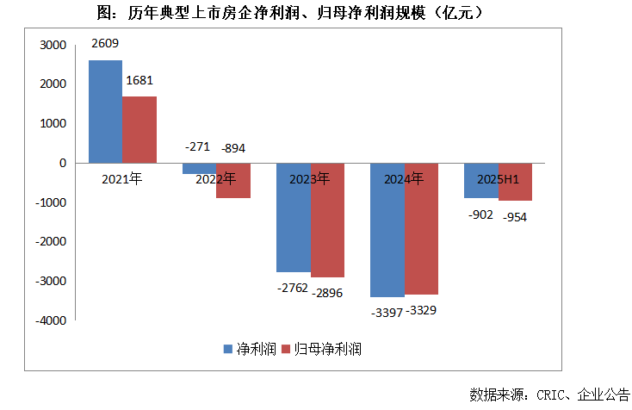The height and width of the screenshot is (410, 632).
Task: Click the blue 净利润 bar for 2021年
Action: pyautogui.click(x=105, y=111)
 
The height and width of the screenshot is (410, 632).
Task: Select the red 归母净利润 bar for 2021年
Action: pyautogui.click(x=139, y=129)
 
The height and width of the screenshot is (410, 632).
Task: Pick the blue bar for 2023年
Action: pyautogui.click(x=293, y=217)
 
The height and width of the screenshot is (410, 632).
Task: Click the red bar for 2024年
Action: pyautogui.click(x=421, y=228)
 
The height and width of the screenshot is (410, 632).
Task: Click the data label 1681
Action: pyautogui.click(x=140, y=81)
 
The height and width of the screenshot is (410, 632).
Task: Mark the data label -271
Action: pyautogui.click(x=197, y=147)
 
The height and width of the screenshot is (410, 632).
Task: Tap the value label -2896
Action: pyautogui.click(x=327, y=294)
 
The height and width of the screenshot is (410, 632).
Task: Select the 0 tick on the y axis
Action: pyautogui.click(x=62, y=163)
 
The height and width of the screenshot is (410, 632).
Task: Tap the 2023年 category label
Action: pyautogui.click(x=310, y=180)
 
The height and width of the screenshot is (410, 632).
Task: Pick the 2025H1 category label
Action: pyautogui.click(x=498, y=180)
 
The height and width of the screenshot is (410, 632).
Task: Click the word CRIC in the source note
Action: pyautogui.click(x=552, y=394)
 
